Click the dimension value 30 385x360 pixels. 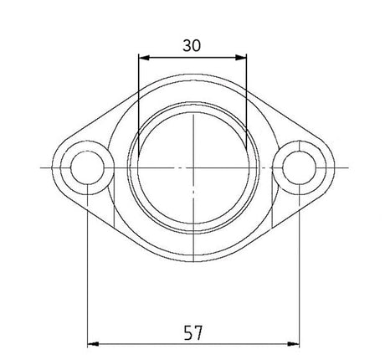tap(192, 46)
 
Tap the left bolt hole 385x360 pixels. tap(87, 168)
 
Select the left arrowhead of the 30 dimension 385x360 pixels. tap(143, 58)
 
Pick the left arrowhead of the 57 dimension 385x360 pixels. tap(93, 343)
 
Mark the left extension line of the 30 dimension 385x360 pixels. tap(139, 84)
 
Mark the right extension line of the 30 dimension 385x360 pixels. tap(247, 84)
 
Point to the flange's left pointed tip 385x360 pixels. tap(52, 168)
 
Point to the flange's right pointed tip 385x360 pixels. tap(333, 168)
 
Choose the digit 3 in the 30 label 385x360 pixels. tap(187, 46)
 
